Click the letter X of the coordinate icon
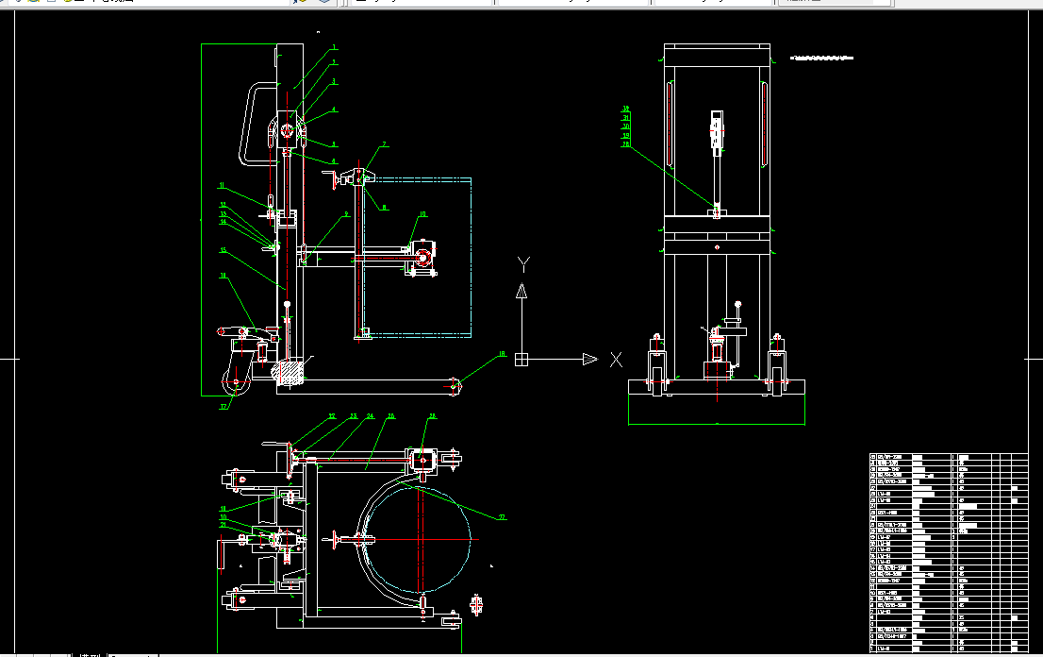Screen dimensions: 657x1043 coord(616,359)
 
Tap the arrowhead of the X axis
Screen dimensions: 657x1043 coord(589,359)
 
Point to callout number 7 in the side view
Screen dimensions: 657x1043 coord(385,144)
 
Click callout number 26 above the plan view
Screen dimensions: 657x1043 coord(433,415)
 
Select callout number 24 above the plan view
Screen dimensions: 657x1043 coord(371,415)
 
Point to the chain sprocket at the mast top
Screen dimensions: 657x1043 coord(286,133)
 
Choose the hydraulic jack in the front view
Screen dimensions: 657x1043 coord(717,354)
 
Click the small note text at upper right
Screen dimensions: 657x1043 coord(820,58)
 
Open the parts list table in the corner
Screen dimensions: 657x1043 coord(947,552)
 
